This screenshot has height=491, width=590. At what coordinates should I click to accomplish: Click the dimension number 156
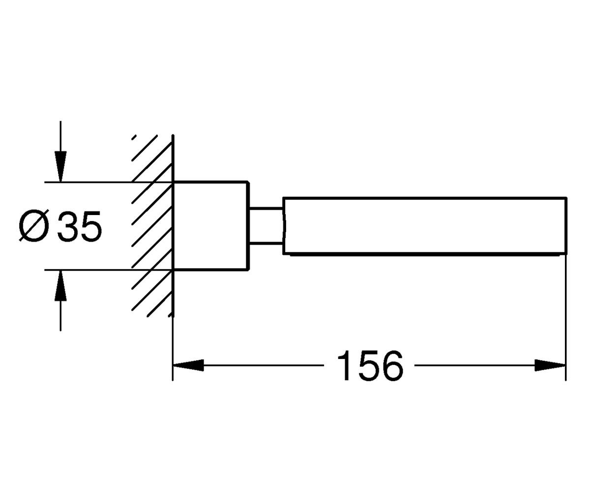[370, 365]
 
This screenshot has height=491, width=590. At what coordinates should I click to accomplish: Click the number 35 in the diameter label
[79, 226]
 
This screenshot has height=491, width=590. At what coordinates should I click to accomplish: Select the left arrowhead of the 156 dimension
[188, 365]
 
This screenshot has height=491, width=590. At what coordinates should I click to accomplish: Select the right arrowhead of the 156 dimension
[550, 365]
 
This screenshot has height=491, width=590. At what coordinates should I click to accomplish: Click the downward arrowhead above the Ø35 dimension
[60, 166]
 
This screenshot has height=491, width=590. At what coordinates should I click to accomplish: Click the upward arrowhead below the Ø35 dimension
[60, 286]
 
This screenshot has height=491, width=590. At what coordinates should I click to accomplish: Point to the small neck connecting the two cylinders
[266, 226]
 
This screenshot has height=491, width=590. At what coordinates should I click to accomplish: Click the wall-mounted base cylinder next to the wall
[211, 226]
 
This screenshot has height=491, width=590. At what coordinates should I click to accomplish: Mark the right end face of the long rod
[566, 226]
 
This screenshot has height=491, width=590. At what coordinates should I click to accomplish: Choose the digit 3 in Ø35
[68, 226]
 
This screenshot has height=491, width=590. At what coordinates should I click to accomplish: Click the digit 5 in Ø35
[91, 226]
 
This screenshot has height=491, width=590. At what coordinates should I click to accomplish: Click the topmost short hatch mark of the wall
[134, 137]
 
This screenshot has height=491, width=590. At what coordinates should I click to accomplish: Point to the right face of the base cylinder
[248, 226]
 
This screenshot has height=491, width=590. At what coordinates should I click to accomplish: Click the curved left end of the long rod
[284, 226]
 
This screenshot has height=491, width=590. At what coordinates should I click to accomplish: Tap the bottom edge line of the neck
[266, 243]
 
